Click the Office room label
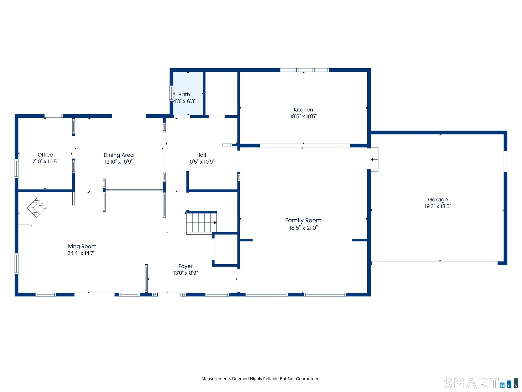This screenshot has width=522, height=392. (45, 155)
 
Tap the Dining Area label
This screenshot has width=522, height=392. (119, 155)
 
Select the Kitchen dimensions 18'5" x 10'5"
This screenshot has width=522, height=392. (303, 116)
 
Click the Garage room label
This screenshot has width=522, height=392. (438, 200)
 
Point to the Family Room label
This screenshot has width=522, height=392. (303, 220)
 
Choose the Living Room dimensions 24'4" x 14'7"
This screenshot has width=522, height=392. (81, 253)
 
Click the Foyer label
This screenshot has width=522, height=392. (185, 266)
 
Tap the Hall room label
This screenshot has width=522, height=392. (201, 155)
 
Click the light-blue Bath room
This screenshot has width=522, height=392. (188, 93)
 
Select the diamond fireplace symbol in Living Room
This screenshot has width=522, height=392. (37, 208)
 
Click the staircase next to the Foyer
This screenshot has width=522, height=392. (201, 223)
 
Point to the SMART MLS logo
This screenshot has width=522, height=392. (481, 383)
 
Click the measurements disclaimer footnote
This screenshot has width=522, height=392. (261, 379)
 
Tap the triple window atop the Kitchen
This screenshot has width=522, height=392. (304, 70)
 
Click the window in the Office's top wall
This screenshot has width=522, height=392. (54, 116)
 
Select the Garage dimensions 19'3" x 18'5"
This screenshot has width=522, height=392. (438, 206)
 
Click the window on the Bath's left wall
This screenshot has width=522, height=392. (171, 93)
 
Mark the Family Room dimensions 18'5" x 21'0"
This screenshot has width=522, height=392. (303, 228)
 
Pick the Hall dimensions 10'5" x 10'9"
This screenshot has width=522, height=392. (201, 162)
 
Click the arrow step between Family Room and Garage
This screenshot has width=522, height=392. (374, 160)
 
